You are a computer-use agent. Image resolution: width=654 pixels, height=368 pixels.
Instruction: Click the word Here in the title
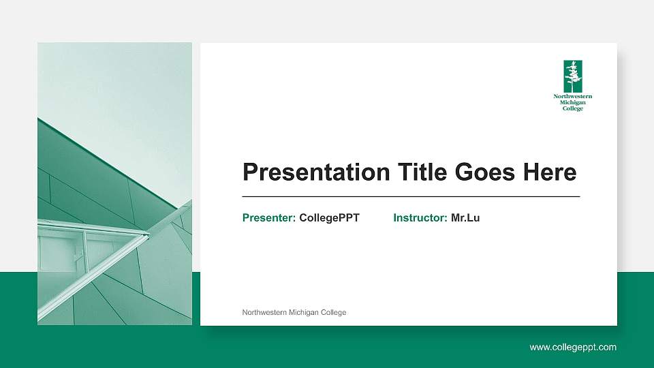tap(549, 172)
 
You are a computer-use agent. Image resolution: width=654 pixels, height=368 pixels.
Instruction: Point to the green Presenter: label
tap(269, 218)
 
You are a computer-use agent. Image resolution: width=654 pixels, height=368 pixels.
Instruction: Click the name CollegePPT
tap(329, 218)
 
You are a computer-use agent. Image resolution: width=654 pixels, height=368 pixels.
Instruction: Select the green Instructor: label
tap(420, 218)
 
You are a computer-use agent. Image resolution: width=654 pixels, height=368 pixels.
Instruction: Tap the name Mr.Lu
tap(465, 218)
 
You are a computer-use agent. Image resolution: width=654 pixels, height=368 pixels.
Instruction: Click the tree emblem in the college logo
tap(573, 76)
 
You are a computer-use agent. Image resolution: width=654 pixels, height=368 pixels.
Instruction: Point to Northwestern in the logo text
tap(573, 97)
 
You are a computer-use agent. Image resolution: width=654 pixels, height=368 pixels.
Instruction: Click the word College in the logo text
tap(573, 108)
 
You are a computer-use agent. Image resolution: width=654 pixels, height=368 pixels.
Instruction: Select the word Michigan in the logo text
tap(573, 102)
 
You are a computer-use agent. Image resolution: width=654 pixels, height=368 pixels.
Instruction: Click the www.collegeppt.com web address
tap(573, 348)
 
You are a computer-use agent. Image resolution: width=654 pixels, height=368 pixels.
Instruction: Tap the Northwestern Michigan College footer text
tap(294, 313)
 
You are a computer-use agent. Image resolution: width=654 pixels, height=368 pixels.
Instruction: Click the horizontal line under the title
tap(411, 196)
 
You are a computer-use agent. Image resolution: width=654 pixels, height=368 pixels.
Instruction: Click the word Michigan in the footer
tap(307, 313)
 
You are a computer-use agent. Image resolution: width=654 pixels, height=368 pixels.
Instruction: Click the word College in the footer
tap(334, 313)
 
